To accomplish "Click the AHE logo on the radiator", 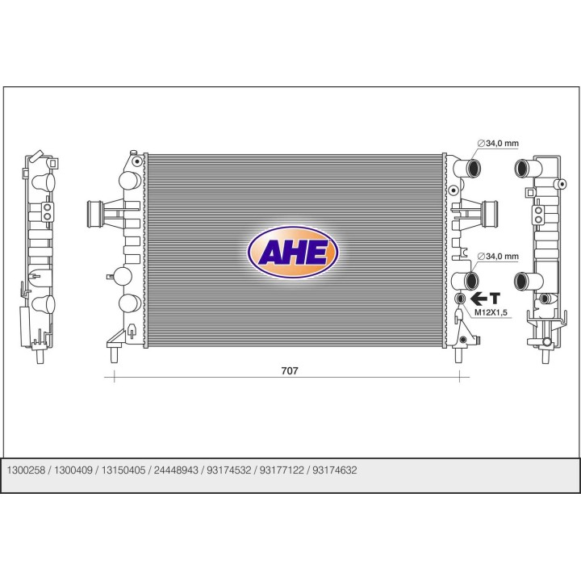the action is pyautogui.click(x=293, y=253).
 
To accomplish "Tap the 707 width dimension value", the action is pyautogui.click(x=290, y=370).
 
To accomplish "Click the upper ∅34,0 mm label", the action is pyautogui.click(x=498, y=144).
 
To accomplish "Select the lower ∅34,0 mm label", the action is pyautogui.click(x=498, y=257).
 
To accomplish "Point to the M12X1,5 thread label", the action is pyautogui.click(x=491, y=313).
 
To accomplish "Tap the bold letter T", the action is pyautogui.click(x=495, y=298).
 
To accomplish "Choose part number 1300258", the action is pyautogui.click(x=26, y=470).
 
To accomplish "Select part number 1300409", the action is pyautogui.click(x=73, y=470).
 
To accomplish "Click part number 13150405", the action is pyautogui.click(x=123, y=470).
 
